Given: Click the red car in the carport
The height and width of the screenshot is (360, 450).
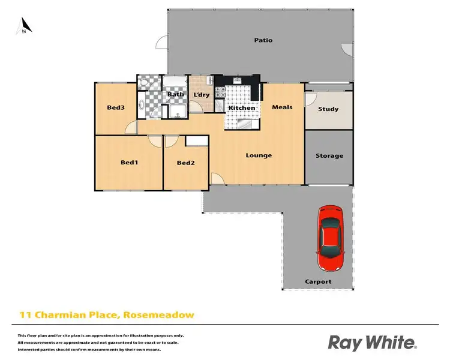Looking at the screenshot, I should click(329, 238).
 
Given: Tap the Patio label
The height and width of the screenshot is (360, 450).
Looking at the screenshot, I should click(263, 40).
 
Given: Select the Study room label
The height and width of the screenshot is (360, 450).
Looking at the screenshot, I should click(329, 109).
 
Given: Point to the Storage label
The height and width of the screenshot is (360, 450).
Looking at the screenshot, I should click(329, 156).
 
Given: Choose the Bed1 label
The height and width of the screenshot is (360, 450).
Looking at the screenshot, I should click(130, 162).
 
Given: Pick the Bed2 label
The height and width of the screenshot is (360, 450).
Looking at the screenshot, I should click(185, 163).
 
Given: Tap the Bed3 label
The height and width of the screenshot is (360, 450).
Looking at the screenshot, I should click(116, 108).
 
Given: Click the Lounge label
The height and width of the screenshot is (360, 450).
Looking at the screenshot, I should click(259, 155).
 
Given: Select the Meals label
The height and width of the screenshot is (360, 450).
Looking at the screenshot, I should click(282, 107).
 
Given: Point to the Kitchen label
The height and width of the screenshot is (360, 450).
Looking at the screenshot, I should click(242, 108).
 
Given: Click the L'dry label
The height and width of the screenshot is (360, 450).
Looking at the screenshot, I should click(200, 95).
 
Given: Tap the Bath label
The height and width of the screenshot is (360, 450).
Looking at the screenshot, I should click(175, 94).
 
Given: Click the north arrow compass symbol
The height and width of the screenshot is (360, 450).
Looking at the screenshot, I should click(23, 26).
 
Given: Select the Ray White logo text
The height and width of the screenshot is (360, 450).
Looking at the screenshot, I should click(371, 342).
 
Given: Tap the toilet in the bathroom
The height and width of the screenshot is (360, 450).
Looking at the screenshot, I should click(142, 107).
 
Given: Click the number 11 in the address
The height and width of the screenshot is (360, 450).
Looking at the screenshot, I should click(25, 314).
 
